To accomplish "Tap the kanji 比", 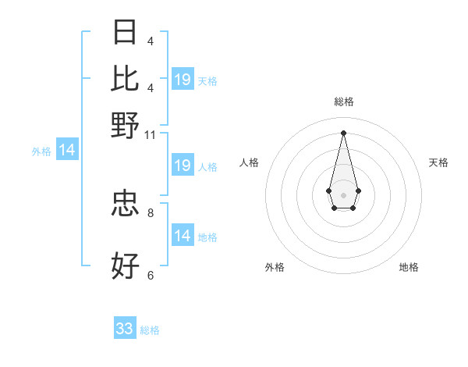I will click(x=126, y=79).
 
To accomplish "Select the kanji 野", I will click(x=126, y=124).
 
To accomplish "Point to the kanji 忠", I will click(x=126, y=205).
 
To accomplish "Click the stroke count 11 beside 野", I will click(x=151, y=135).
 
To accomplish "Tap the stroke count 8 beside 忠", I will click(x=151, y=212).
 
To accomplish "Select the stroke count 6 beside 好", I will click(x=151, y=274).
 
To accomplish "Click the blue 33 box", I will click(x=125, y=329).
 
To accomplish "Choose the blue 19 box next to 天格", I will click(x=183, y=80).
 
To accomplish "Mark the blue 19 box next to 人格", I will click(x=183, y=166).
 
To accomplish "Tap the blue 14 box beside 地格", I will click(x=183, y=236).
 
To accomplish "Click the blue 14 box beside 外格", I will click(x=67, y=151).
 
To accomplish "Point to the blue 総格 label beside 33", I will click(x=151, y=330).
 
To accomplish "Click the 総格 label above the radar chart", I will click(x=343, y=102).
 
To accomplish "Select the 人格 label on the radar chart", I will click(x=250, y=162).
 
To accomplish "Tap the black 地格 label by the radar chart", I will click(x=409, y=267).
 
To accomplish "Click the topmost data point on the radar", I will click(x=343, y=132).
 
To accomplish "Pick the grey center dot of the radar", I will click(x=343, y=194).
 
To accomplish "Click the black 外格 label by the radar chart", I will click(x=275, y=267).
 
